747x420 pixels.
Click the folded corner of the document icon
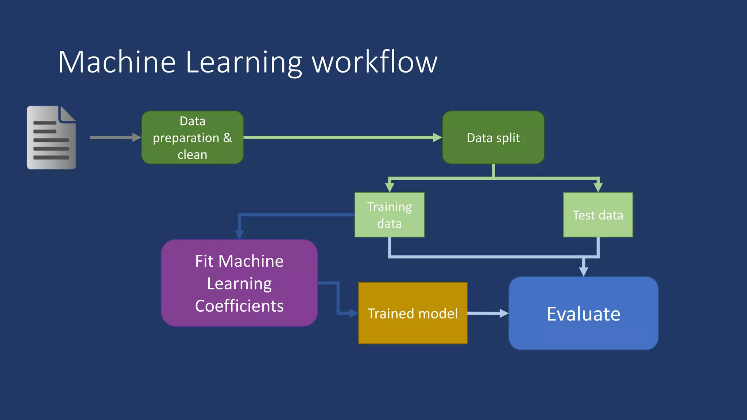[x=67, y=114]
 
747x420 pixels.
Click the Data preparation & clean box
[x=192, y=137]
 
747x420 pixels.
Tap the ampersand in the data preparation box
[x=228, y=138]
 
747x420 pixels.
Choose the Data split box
[x=493, y=137]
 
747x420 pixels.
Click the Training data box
[x=390, y=215]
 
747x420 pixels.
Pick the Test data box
[x=598, y=215]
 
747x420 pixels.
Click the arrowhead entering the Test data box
[x=598, y=188]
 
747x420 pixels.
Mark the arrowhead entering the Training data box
[x=390, y=188]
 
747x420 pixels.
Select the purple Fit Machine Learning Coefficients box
[x=239, y=283]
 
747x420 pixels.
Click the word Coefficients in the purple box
[x=239, y=306]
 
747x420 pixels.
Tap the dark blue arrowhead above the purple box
[x=239, y=234]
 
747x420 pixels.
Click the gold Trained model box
[x=413, y=313]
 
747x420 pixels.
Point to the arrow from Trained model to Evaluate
[x=487, y=313]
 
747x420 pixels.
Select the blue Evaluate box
[x=583, y=314]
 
